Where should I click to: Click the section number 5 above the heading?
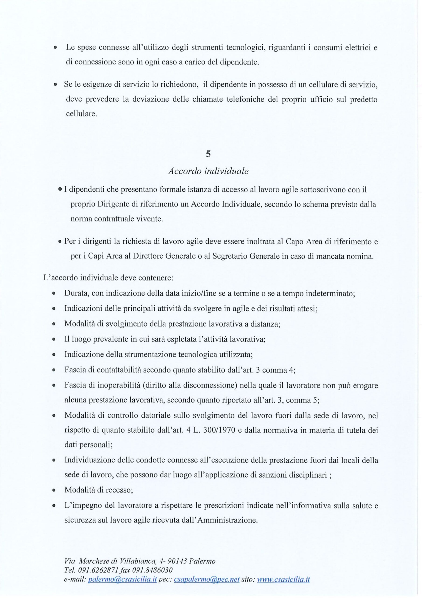point(208,154)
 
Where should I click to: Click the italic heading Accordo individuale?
point(208,171)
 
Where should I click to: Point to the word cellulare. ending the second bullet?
point(81,114)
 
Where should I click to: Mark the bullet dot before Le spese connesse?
point(55,48)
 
